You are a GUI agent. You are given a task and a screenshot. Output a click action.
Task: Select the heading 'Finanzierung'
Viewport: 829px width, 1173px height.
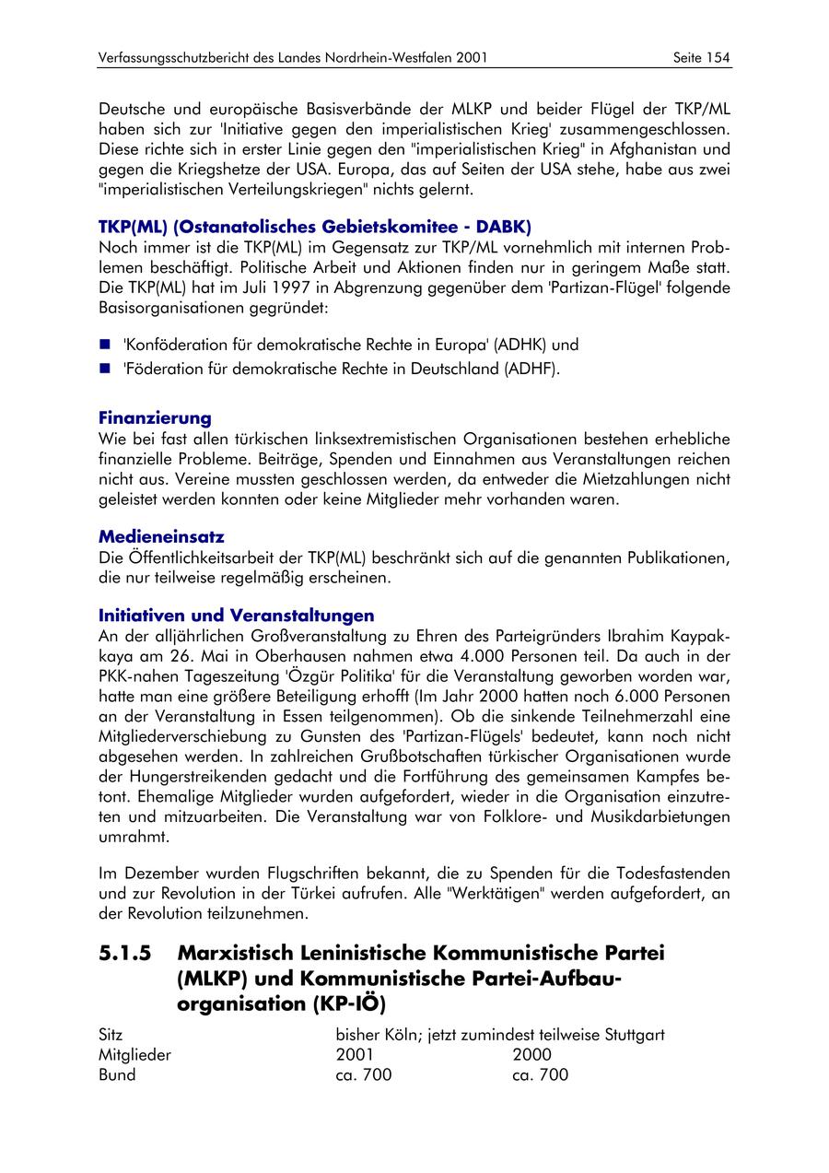click(155, 418)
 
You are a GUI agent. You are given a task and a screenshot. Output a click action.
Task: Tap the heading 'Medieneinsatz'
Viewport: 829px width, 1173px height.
click(161, 536)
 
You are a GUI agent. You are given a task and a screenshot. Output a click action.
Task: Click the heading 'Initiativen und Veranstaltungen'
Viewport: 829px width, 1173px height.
click(236, 615)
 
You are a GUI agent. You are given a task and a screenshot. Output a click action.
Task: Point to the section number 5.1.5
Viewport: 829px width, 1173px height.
click(125, 952)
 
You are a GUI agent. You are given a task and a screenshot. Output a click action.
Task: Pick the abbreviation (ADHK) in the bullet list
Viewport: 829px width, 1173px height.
click(520, 346)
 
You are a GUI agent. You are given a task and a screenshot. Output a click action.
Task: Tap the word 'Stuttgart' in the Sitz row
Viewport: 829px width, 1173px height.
click(635, 1035)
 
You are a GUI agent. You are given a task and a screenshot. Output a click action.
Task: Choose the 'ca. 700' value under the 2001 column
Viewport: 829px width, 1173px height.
click(364, 1075)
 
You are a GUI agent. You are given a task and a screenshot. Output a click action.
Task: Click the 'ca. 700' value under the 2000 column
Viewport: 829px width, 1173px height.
click(541, 1075)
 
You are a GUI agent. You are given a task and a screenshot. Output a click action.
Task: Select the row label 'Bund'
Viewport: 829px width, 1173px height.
click(117, 1075)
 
